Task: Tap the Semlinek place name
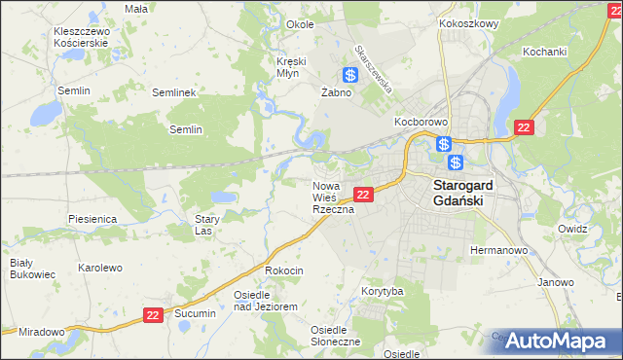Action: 175,92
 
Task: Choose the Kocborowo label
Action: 420,123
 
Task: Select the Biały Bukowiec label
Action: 21,269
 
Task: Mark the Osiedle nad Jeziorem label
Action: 265,300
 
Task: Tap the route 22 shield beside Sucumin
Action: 153,315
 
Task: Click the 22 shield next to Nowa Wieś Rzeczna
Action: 362,196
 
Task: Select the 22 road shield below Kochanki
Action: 524,127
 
